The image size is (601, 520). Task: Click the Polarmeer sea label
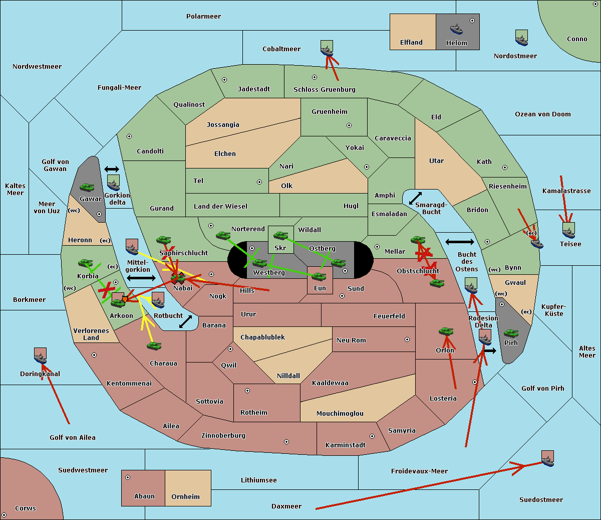tap(203, 17)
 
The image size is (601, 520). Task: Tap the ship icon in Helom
tap(456, 29)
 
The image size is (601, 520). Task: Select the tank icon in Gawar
tap(87, 187)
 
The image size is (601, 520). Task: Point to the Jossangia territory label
tap(223, 125)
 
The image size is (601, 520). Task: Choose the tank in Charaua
tap(154, 345)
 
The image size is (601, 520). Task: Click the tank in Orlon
tap(446, 331)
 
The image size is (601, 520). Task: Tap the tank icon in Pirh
tap(511, 333)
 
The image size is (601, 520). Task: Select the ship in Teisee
tap(568, 230)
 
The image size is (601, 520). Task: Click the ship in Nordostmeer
tap(521, 38)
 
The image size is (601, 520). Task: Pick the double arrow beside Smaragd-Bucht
tap(415, 199)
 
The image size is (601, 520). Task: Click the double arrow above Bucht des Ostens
tap(459, 242)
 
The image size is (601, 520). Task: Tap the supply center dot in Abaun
tap(128, 477)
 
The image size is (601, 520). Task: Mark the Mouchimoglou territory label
tap(340, 414)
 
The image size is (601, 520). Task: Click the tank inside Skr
tap(280, 235)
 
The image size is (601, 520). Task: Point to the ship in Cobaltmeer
tap(327, 49)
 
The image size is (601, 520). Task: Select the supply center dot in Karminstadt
tap(372, 436)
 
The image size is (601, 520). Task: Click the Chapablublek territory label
tap(262, 337)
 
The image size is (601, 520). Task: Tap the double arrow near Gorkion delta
tap(112, 169)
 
